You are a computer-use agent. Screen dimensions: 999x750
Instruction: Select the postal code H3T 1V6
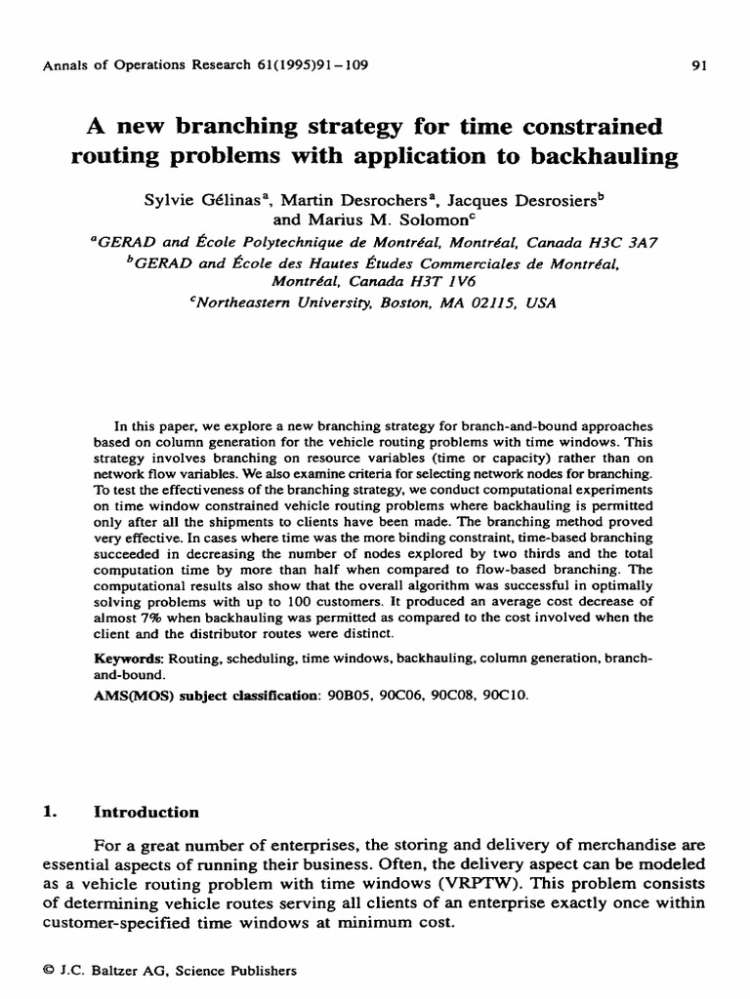click(x=410, y=282)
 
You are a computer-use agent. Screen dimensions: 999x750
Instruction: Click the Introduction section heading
click(x=146, y=812)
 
